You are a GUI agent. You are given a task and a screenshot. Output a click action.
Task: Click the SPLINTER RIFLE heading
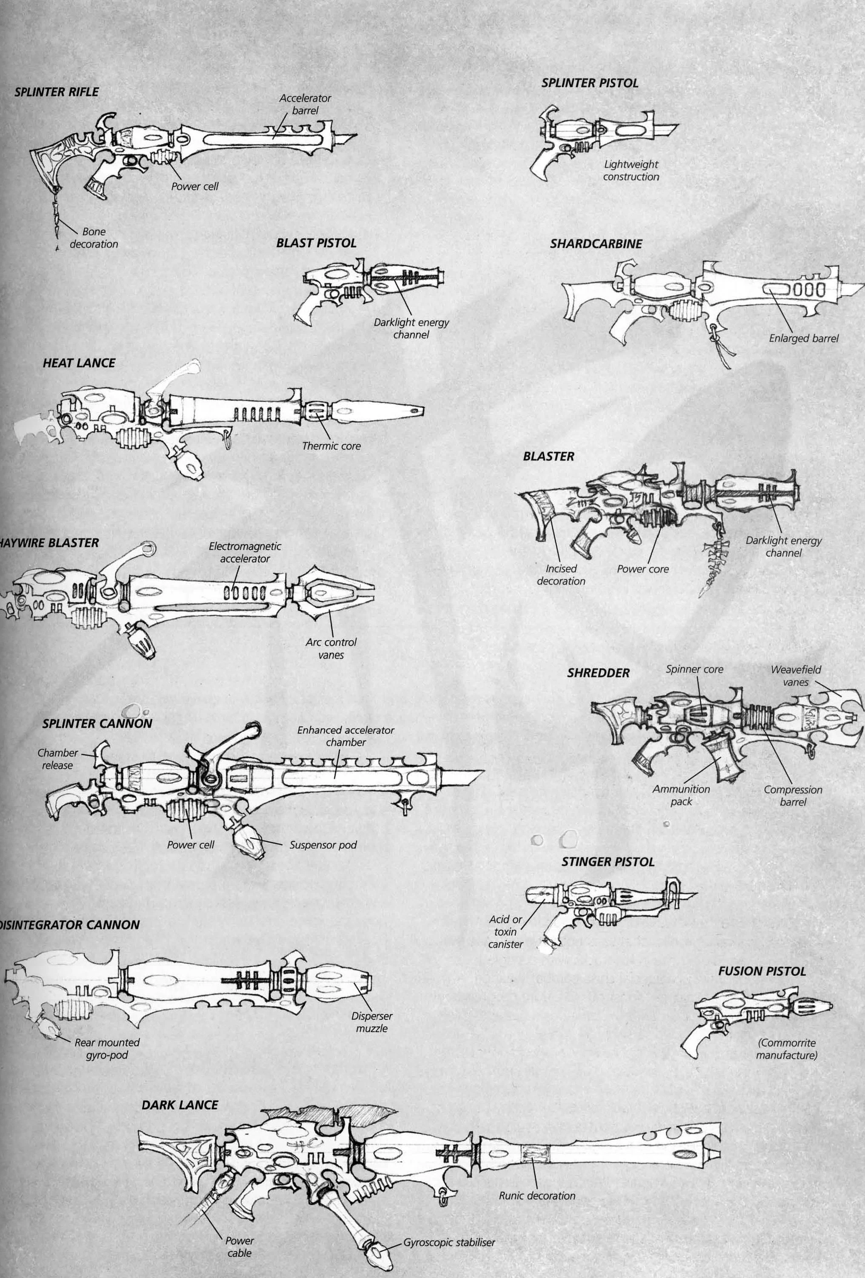coord(57,92)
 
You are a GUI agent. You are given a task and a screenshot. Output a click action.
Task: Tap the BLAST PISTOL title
coord(317,243)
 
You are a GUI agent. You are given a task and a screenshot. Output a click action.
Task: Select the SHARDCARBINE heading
coord(596,244)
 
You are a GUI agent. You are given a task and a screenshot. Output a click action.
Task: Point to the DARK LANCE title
coord(180,1105)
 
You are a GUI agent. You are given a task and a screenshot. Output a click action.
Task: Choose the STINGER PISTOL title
coord(608,862)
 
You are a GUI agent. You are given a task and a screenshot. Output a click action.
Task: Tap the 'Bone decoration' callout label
coord(94,238)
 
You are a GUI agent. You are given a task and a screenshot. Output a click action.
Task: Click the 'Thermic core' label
coord(331,446)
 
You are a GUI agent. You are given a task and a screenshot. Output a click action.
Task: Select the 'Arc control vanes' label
coord(331,648)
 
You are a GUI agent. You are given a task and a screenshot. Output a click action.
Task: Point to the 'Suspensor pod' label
coord(323,845)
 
